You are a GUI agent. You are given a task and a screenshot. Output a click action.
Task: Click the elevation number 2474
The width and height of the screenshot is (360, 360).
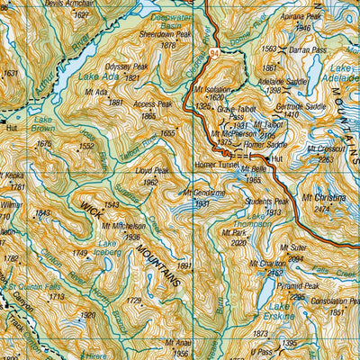tap(321, 208)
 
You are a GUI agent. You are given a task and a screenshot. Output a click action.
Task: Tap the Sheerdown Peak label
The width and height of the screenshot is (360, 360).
tap(161, 34)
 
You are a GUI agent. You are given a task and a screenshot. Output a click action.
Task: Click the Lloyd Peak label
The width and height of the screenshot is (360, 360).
tap(151, 170)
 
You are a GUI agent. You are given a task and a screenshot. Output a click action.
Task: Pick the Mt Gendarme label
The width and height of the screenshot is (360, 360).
tap(204, 193)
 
